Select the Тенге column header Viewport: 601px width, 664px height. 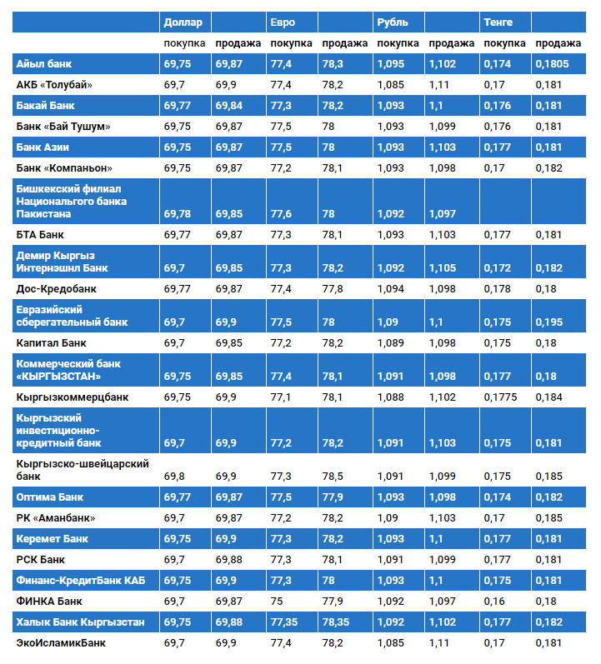point(498,22)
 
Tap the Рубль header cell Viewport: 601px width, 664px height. point(392,22)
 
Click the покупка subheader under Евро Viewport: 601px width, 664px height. point(292,43)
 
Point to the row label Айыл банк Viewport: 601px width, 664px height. point(43,64)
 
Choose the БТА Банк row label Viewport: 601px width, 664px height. point(40,235)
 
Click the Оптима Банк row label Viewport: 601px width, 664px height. point(49,497)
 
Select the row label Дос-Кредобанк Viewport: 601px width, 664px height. point(57,289)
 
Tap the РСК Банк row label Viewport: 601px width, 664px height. point(40,560)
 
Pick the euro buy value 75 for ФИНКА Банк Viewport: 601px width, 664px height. point(278,601)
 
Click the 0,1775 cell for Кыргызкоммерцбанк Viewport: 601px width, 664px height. point(501,397)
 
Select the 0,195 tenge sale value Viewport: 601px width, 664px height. point(548,322)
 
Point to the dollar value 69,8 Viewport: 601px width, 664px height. point(175,477)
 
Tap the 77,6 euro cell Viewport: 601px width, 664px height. point(282,214)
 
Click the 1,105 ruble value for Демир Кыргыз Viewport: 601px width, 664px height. point(443,268)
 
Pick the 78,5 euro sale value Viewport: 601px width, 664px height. point(333,477)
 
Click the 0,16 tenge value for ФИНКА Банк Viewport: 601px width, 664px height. point(494,601)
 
